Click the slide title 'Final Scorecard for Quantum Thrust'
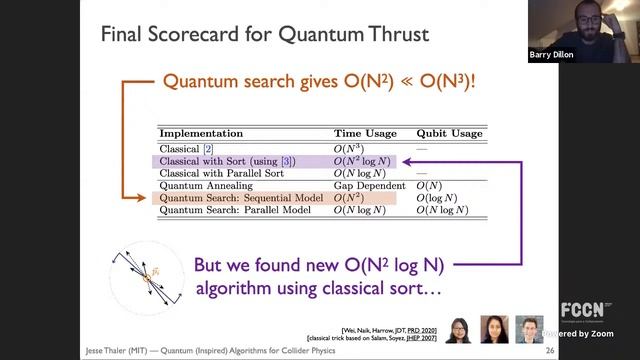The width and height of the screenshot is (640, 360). coord(265,35)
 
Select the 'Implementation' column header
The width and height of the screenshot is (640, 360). coord(201,133)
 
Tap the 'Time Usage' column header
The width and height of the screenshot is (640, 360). coord(365,133)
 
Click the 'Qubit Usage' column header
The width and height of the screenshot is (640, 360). coord(449,133)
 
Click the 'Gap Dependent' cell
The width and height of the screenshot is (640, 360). coord(370,186)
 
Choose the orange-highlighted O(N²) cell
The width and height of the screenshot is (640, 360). coord(351,199)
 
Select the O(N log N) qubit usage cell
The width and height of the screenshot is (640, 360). coord(444,211)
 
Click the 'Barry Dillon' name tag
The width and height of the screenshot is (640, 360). coord(552,56)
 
